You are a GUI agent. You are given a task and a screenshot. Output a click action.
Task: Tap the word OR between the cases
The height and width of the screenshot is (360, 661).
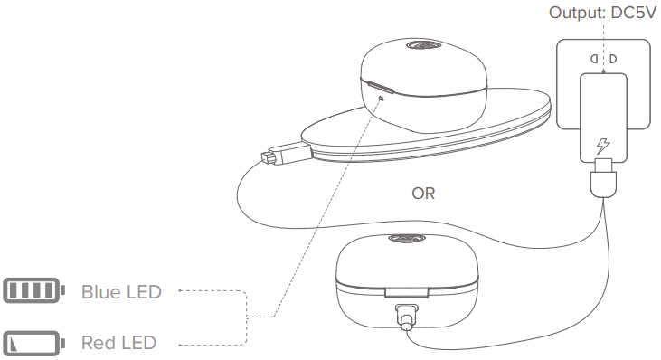click(x=424, y=194)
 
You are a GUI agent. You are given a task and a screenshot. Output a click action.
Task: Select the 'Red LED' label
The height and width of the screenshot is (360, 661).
click(x=118, y=343)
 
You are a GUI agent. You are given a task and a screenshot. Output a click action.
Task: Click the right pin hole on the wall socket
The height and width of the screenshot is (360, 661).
click(x=612, y=60)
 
